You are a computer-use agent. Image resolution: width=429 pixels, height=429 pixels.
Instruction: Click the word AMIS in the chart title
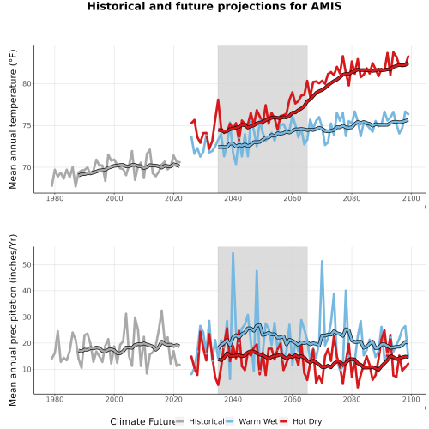326,6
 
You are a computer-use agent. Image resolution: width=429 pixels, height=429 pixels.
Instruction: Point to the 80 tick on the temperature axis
27,84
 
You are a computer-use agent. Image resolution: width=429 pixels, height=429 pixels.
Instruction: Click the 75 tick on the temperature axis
27,125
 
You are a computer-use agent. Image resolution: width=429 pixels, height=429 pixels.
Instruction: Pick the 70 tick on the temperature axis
27,167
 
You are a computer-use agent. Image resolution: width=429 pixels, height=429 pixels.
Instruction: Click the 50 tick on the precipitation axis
27,264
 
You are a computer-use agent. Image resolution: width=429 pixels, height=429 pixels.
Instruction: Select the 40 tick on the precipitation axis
27,291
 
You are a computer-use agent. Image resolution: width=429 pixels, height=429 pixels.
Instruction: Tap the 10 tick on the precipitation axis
27,369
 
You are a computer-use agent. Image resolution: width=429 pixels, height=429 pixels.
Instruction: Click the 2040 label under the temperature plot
233,198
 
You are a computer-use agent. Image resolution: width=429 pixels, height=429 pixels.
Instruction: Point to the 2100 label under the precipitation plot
411,399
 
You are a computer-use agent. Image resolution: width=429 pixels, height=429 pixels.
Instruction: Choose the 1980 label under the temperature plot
55,198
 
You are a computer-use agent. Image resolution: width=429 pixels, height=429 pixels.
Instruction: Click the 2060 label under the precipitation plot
293,399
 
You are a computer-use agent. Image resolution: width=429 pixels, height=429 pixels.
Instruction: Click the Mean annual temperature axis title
13,119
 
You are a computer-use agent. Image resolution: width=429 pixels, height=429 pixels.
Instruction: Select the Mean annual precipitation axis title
13,320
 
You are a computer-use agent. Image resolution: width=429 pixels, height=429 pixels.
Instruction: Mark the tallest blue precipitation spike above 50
233,253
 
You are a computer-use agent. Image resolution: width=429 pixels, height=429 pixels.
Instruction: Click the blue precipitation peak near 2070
322,262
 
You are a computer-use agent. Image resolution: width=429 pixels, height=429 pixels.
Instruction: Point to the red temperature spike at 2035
218,100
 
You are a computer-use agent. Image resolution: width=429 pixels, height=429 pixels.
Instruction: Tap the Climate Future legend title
142,421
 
